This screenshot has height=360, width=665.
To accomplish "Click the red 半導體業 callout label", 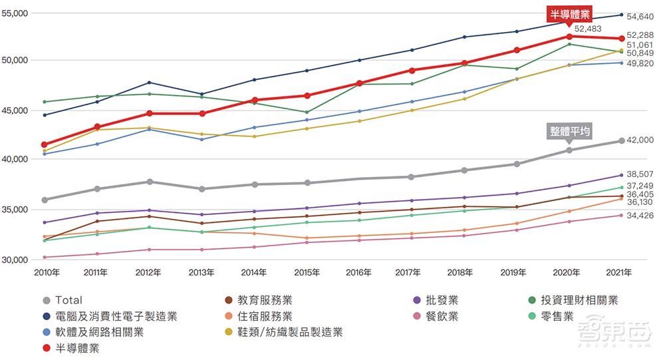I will pyautogui.click(x=569, y=13).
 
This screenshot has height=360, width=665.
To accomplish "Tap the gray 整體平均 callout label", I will pyautogui.click(x=569, y=131).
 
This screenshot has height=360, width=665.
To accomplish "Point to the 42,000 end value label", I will pyautogui.click(x=641, y=140).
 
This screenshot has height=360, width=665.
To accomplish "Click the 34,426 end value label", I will pyautogui.click(x=641, y=215).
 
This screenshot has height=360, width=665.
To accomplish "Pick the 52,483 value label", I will pyautogui.click(x=588, y=29).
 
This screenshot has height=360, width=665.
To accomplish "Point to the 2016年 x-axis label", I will pyautogui.click(x=360, y=272).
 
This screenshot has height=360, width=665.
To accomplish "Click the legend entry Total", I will pyautogui.click(x=68, y=300).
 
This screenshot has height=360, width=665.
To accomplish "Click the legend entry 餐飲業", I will pyautogui.click(x=442, y=316).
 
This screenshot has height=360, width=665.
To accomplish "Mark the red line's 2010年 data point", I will pyautogui.click(x=45, y=144).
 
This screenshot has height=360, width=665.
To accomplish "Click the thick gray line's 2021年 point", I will pyautogui.click(x=622, y=140).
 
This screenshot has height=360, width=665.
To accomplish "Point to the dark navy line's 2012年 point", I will pyautogui.click(x=149, y=83).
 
